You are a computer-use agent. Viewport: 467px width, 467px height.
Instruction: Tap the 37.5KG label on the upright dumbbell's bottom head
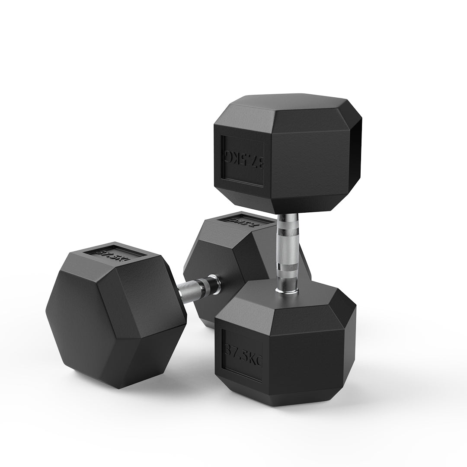(242, 355)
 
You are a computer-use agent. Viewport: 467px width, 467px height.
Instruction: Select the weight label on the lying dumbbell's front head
(112, 252)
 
